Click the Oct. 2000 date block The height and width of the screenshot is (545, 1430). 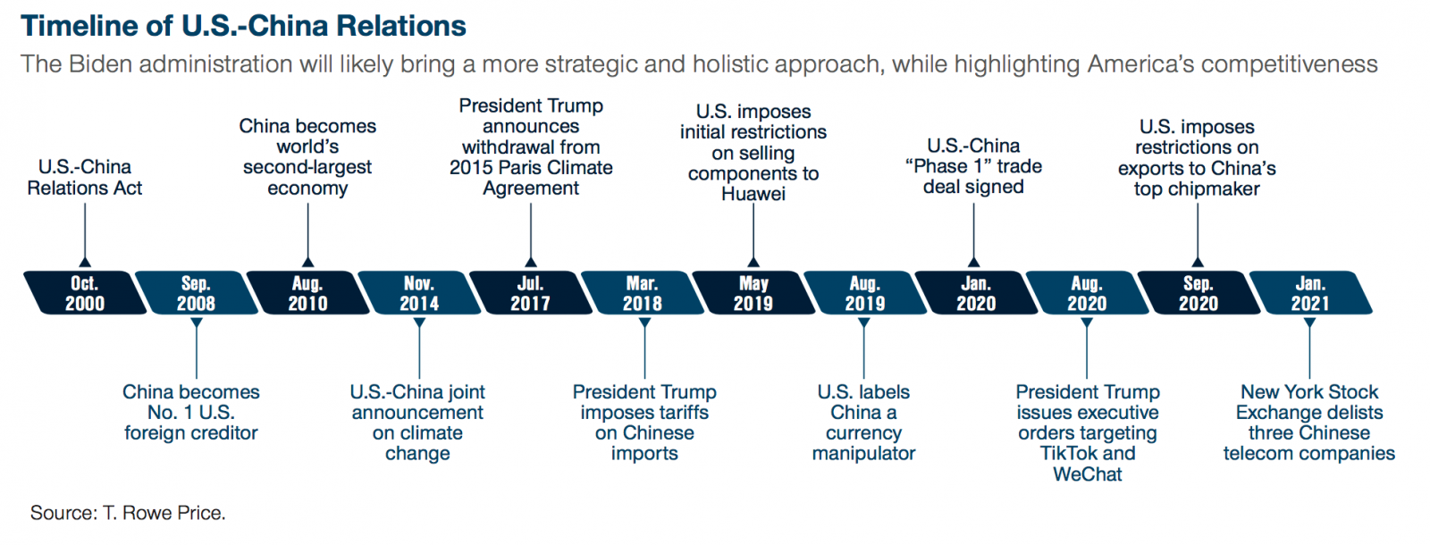tap(85, 293)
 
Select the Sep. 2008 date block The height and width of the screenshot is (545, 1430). tap(197, 293)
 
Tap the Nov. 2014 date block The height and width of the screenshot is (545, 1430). tap(419, 293)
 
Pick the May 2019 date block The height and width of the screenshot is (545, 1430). tap(754, 293)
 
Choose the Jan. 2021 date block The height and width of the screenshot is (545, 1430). tap(1310, 293)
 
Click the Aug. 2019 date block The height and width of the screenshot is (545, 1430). tap(865, 293)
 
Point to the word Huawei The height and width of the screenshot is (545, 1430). tap(753, 193)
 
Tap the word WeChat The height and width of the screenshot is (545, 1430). tap(1087, 474)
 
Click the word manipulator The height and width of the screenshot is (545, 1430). tap(863, 453)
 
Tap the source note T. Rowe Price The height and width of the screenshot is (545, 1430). tap(164, 513)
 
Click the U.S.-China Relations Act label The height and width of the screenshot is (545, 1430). tap(84, 178)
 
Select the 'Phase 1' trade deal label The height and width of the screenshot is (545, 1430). tap(973, 166)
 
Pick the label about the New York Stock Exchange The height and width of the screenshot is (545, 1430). tap(1309, 423)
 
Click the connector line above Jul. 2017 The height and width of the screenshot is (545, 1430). tap(531, 231)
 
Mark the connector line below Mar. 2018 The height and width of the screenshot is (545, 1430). tap(644, 353)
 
